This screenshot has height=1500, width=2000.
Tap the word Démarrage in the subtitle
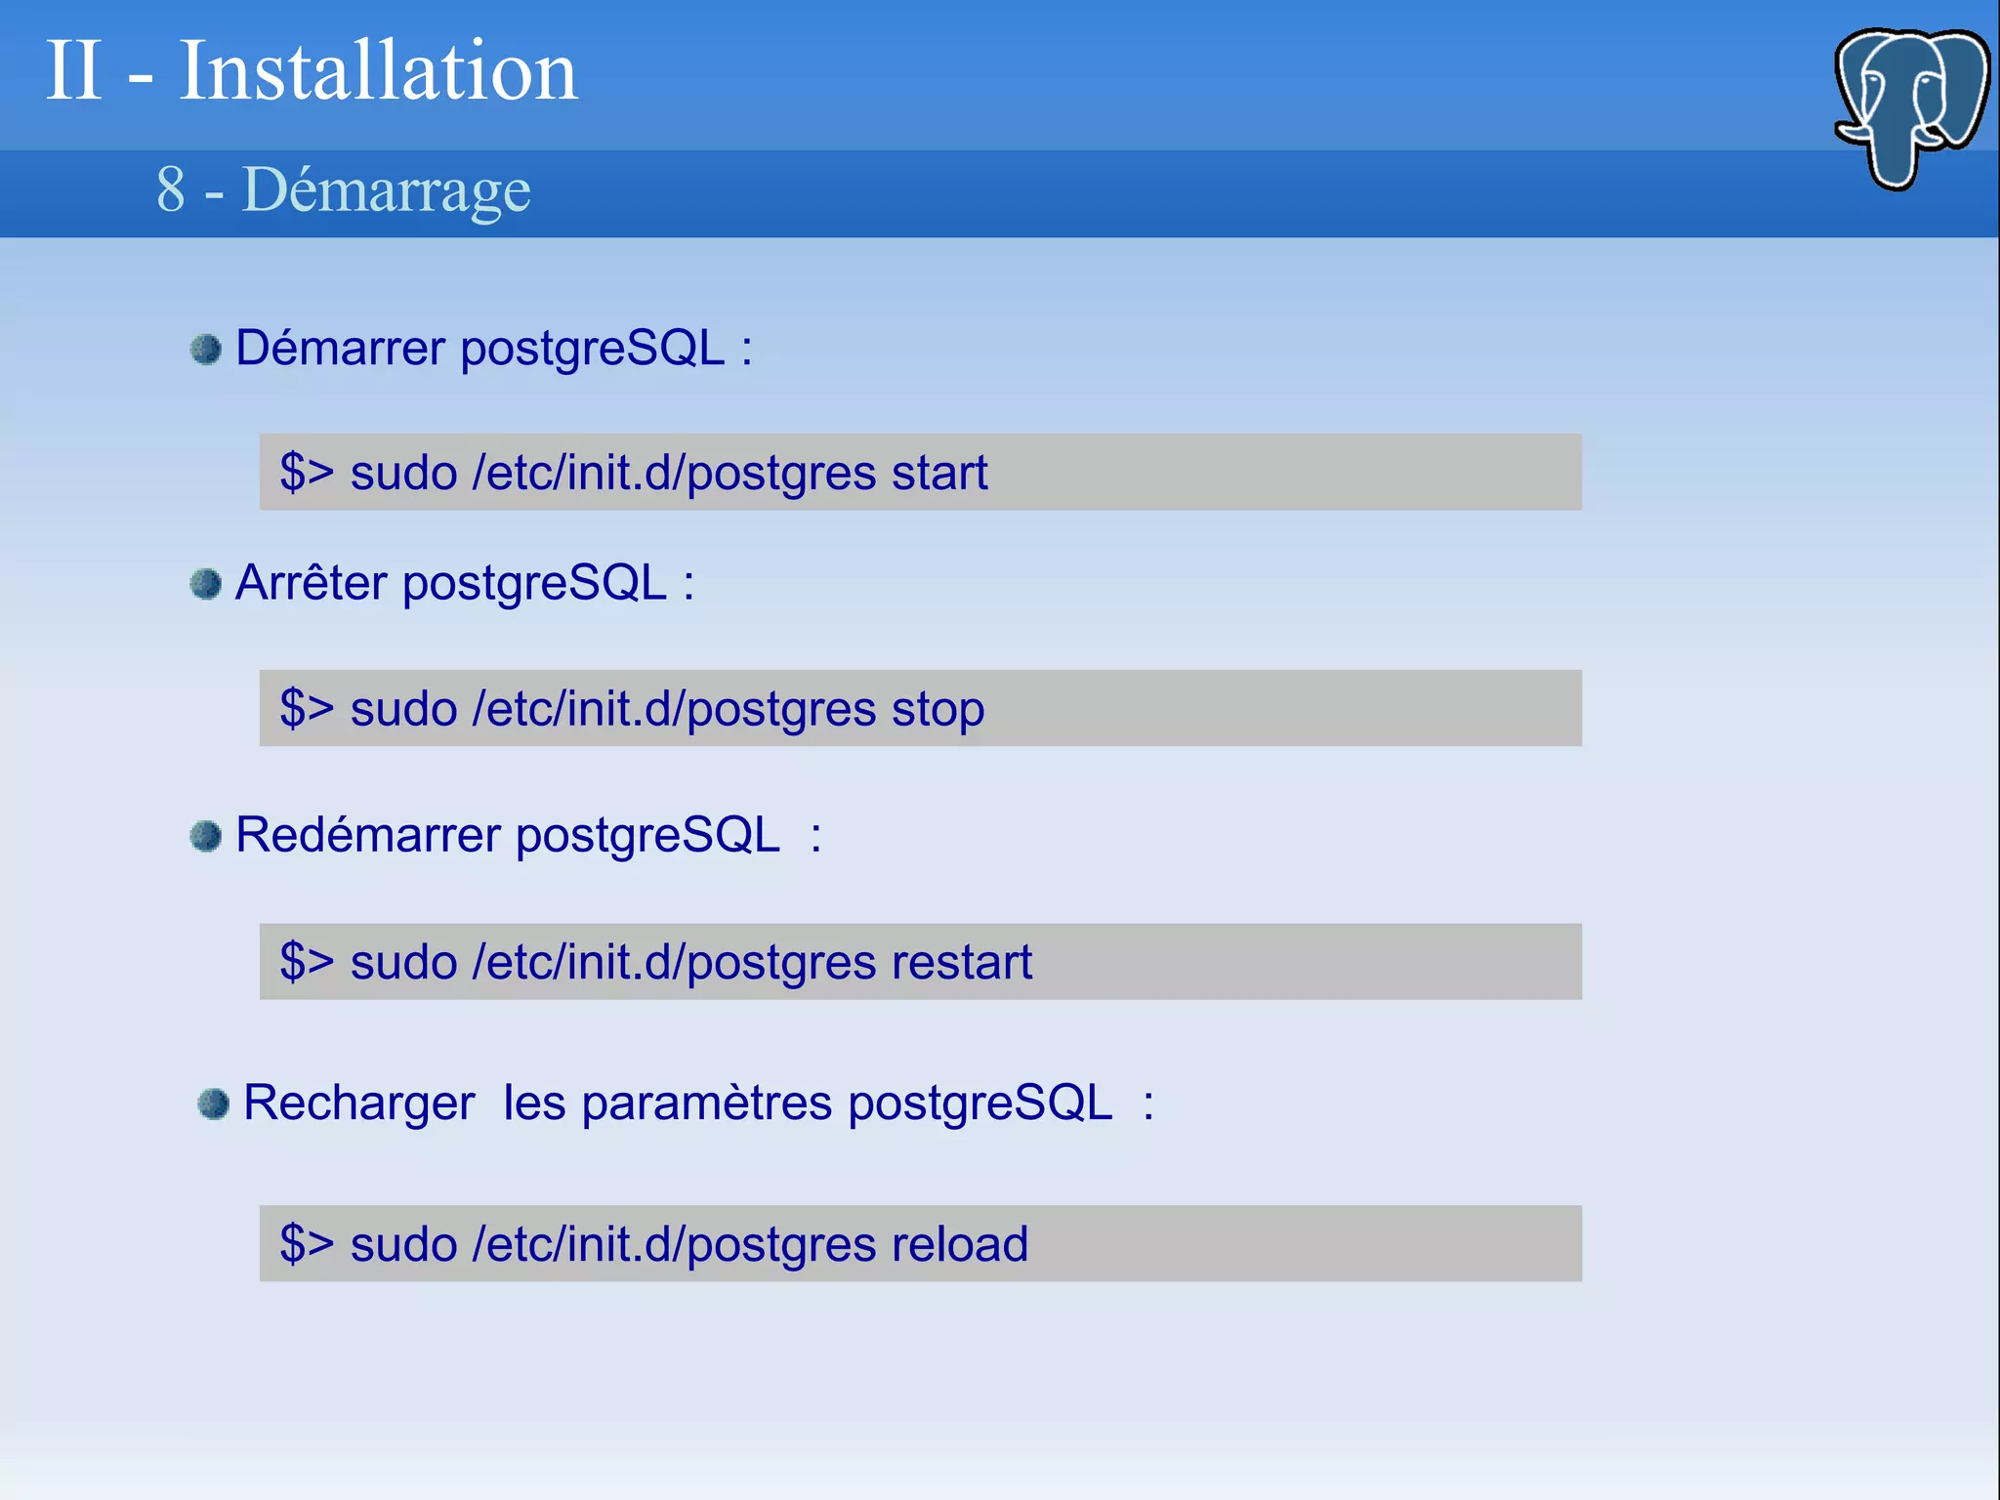click(x=387, y=189)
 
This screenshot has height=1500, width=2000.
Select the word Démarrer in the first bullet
click(x=341, y=349)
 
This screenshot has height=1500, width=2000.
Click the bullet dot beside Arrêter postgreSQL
click(x=206, y=584)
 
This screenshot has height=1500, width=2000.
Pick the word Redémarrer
click(x=368, y=836)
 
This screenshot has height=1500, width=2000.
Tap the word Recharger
click(x=358, y=1104)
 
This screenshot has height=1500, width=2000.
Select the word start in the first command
click(x=939, y=474)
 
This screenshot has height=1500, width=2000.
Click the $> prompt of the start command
click(x=307, y=473)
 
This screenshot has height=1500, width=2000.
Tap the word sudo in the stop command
click(x=403, y=710)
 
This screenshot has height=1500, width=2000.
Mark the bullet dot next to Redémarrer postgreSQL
click(x=206, y=836)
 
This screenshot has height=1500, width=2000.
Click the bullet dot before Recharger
click(x=213, y=1104)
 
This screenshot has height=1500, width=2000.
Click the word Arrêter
click(x=312, y=584)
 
